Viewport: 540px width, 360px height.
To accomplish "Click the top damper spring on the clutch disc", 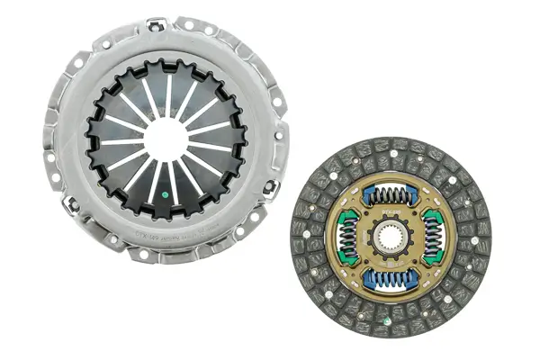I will (x=390, y=194).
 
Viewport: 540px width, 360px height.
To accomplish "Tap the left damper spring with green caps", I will (x=349, y=237).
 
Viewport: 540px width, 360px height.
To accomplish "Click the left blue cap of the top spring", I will (x=368, y=193).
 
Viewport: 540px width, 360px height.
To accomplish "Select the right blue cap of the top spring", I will (x=411, y=193).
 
